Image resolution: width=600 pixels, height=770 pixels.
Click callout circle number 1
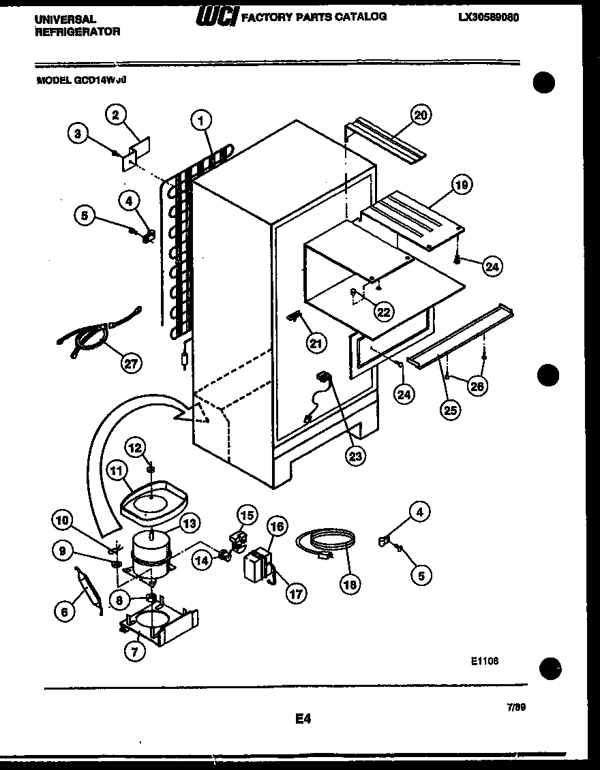200,121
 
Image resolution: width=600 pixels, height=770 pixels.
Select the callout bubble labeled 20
420,115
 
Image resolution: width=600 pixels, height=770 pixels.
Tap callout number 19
462,185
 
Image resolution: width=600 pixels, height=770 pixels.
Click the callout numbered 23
355,455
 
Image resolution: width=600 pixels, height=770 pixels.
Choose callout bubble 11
117,469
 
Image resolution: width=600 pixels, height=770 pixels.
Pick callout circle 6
65,612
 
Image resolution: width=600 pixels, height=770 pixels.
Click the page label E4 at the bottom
303,718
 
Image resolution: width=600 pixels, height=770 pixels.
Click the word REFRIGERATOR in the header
77,31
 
